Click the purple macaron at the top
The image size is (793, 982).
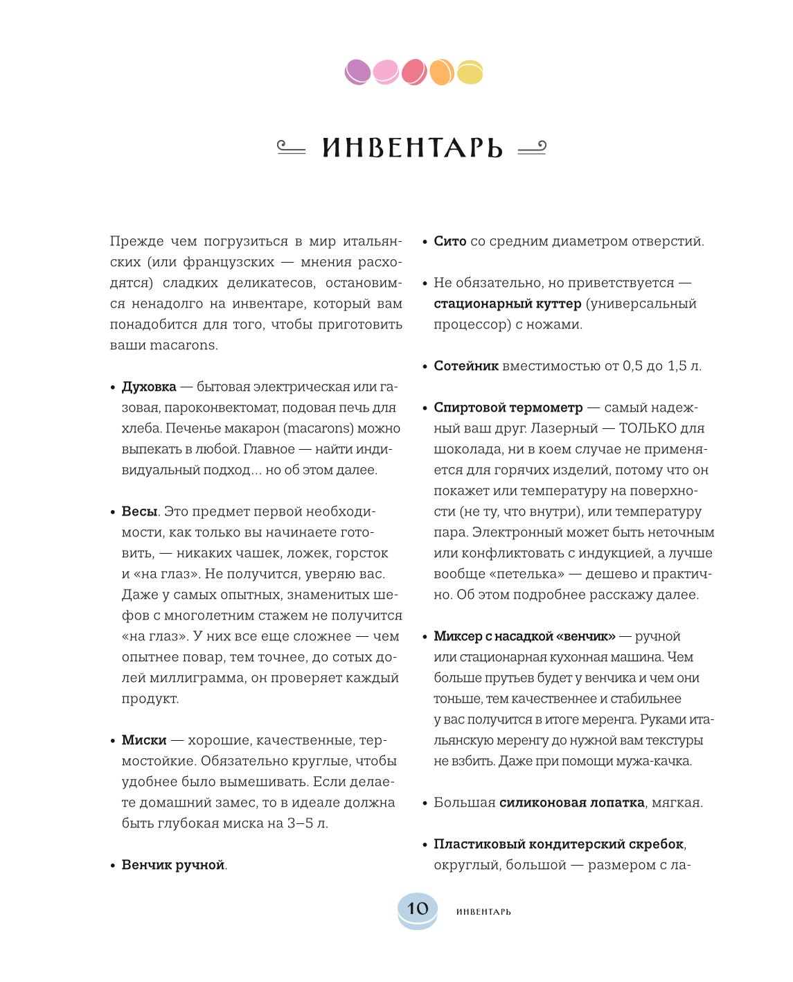click(358, 71)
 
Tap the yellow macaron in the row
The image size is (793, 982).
click(470, 73)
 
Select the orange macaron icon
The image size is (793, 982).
click(442, 72)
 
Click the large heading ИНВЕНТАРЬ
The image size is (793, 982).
click(412, 148)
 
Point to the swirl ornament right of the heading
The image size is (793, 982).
click(532, 148)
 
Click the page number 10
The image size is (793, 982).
click(418, 909)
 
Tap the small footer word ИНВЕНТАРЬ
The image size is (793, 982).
click(483, 912)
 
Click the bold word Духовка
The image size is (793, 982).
click(149, 387)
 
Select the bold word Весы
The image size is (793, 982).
click(140, 511)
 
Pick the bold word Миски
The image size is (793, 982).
click(144, 740)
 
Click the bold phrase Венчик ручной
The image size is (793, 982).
click(173, 865)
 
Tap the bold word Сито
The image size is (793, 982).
click(450, 241)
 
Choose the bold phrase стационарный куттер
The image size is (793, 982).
click(508, 304)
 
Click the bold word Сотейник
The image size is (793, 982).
click(466, 366)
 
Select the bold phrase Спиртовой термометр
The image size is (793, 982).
click(508, 407)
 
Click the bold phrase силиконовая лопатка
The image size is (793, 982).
click(572, 803)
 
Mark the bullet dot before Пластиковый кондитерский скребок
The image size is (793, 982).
click(425, 845)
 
